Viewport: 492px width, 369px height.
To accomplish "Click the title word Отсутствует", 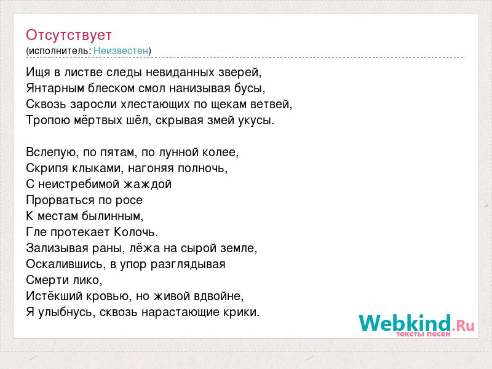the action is tap(69, 35).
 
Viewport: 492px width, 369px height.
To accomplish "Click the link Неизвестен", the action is tap(121, 50).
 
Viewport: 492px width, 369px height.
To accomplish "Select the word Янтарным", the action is tap(55, 89).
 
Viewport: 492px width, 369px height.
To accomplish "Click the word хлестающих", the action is tap(156, 105).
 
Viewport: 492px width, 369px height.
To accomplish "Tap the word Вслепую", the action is tap(52, 153).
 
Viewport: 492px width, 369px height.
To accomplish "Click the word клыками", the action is tap(98, 169).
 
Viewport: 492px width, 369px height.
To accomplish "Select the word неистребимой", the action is tap(79, 184).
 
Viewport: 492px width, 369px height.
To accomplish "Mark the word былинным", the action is tap(113, 216).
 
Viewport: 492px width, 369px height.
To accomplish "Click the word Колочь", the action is tap(136, 232).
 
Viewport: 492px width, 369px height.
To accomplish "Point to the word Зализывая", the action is tap(57, 248).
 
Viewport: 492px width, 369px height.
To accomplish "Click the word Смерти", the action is tap(47, 280).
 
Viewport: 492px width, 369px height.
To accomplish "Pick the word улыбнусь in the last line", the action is tap(66, 312).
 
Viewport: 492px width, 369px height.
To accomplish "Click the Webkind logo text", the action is tap(417, 323).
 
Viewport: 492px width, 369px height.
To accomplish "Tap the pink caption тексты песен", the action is tap(423, 334).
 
